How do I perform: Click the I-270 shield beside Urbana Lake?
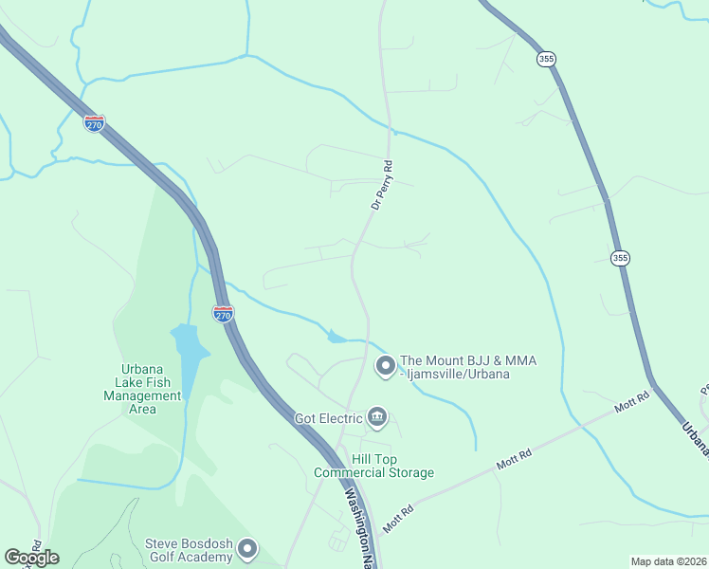click(223, 313)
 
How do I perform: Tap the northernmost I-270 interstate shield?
click(94, 124)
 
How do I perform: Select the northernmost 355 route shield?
click(546, 58)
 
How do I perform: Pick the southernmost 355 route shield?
click(620, 257)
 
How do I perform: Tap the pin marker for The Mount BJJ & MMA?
click(386, 365)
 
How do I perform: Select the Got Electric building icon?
click(377, 417)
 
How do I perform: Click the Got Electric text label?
click(329, 418)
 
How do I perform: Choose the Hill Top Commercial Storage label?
click(379, 466)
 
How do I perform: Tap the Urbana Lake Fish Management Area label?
click(143, 389)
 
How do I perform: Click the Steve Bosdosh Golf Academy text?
click(189, 550)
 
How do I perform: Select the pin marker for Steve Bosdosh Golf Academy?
click(247, 548)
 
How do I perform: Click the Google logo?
click(31, 557)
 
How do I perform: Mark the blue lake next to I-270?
click(190, 356)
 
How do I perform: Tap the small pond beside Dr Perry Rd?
click(336, 336)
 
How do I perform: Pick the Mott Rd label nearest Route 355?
click(630, 403)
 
